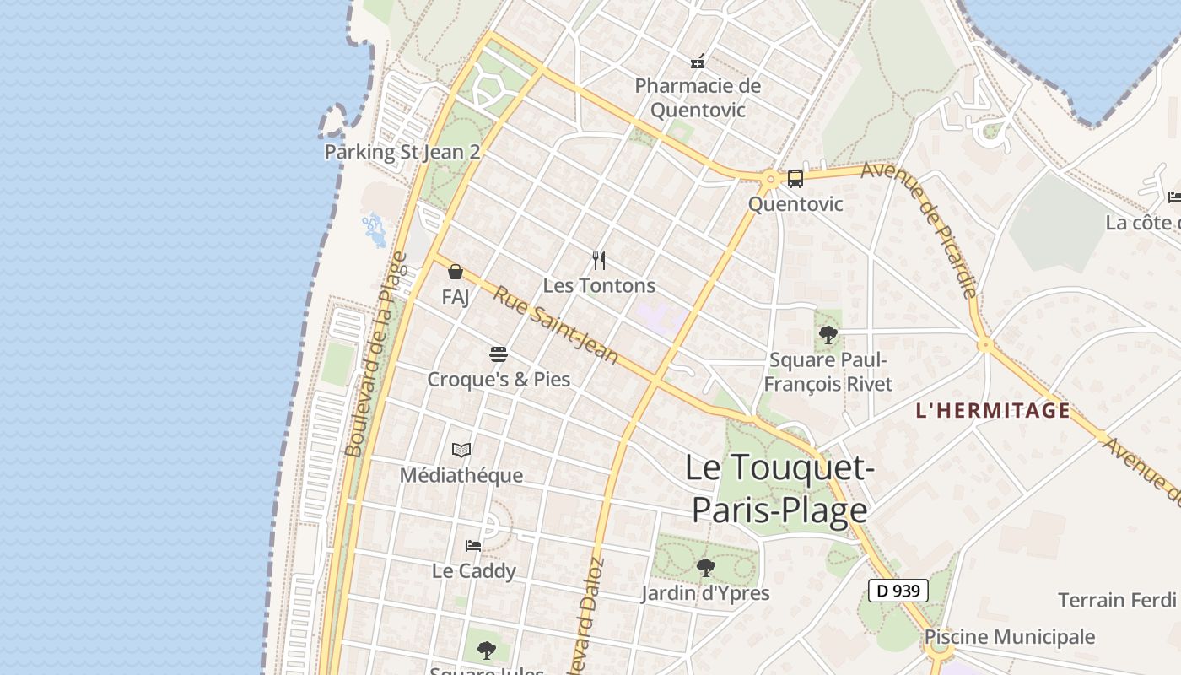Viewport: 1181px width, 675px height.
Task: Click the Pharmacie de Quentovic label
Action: click(x=698, y=98)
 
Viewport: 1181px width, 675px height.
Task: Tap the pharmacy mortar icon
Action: click(x=698, y=61)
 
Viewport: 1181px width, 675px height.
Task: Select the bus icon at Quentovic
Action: click(x=795, y=178)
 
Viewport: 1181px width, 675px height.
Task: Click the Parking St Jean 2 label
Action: click(x=402, y=152)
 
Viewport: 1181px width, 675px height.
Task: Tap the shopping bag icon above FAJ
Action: click(x=456, y=272)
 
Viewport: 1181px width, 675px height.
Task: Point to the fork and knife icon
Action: click(x=599, y=260)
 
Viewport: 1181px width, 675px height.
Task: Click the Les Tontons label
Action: click(x=599, y=285)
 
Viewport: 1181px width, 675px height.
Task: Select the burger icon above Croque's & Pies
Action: click(x=499, y=354)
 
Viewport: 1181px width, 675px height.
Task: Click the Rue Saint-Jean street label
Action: click(x=556, y=325)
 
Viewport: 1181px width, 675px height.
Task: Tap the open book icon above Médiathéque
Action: click(x=461, y=450)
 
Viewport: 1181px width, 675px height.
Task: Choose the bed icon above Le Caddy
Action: click(x=473, y=545)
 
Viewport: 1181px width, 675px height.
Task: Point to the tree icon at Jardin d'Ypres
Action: click(x=705, y=568)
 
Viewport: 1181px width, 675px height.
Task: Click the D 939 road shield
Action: click(x=898, y=591)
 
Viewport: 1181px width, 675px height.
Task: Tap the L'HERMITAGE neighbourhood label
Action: click(x=993, y=411)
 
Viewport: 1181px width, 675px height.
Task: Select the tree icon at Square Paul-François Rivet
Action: click(x=828, y=335)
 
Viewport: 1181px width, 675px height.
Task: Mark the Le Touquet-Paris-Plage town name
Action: click(x=779, y=489)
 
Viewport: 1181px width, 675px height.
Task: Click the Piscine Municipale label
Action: click(x=1010, y=637)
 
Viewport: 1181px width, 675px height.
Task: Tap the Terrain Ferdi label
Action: click(x=1117, y=600)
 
